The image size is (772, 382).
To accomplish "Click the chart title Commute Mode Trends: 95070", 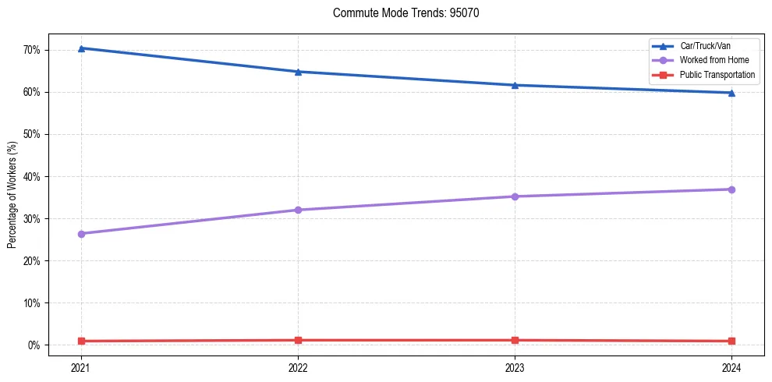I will coord(400,13).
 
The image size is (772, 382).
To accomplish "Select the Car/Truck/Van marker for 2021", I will coord(81,48).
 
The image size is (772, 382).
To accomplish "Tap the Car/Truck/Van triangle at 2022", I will coord(298,72).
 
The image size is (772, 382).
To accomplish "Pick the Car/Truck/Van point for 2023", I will coord(515,85).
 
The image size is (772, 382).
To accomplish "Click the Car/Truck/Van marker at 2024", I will coord(731,93).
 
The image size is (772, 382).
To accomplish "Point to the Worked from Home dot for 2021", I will coord(81,234).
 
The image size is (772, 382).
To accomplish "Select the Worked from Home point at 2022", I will coord(298,210).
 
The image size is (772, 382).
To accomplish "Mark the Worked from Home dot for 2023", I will coord(515,196).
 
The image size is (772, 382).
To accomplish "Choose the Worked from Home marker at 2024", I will coord(731,189).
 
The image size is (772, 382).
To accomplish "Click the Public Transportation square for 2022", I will coord(298,340).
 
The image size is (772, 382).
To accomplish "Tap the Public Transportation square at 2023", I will coord(515,340).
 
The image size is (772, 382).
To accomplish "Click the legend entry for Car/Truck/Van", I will coord(705,46).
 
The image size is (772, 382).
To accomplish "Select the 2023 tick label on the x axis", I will coord(515,366).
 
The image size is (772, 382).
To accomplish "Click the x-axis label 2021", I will coord(81,366).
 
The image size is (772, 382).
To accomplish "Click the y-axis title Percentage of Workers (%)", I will coord(12,195).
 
